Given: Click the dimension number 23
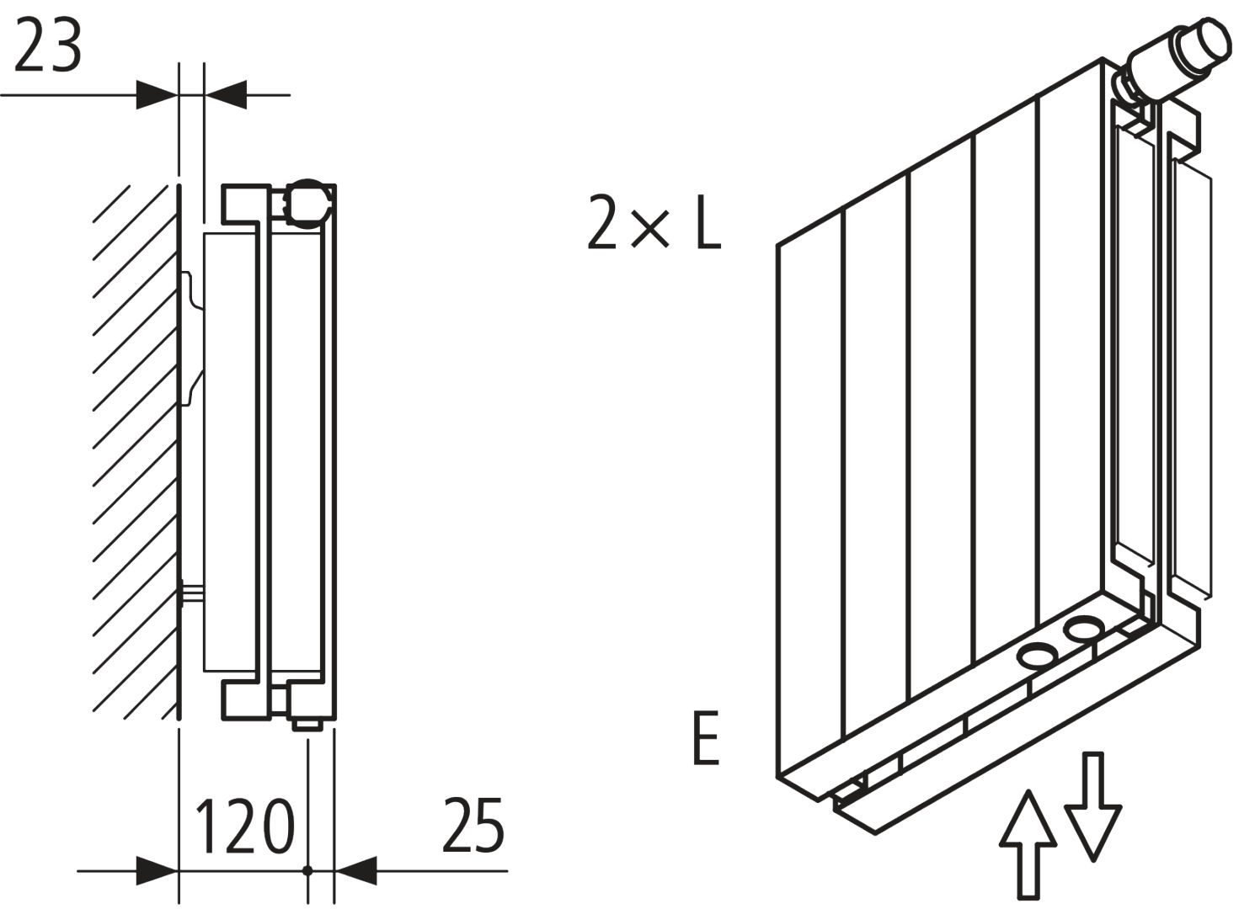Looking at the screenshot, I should [48, 46].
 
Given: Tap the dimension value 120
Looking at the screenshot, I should [245, 826].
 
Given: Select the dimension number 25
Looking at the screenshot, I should [473, 826].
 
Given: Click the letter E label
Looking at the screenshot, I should [706, 738].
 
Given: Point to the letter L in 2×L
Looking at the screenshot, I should [708, 223].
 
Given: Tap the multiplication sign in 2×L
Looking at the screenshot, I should [649, 229].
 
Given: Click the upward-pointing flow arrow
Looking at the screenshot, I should [1028, 842].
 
